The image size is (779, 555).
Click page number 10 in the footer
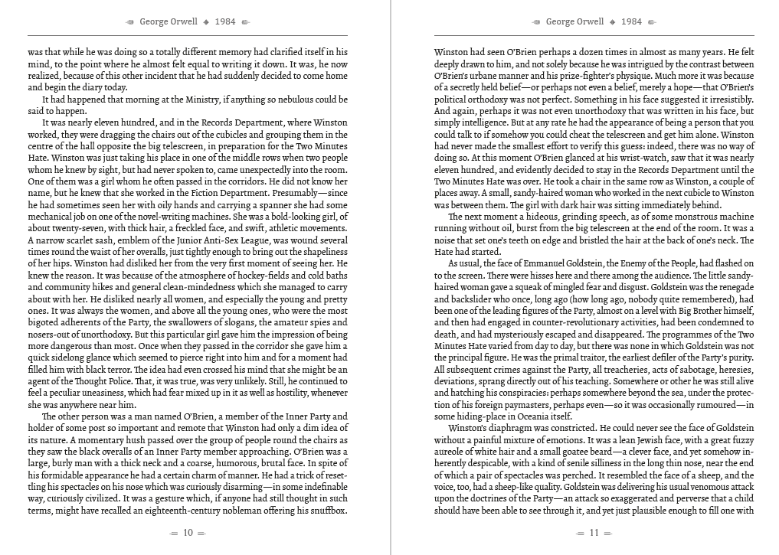188,534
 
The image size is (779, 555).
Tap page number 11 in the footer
594,534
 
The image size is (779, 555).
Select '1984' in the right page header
632,21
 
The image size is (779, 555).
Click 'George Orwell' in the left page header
169,21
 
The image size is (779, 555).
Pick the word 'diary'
92,87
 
